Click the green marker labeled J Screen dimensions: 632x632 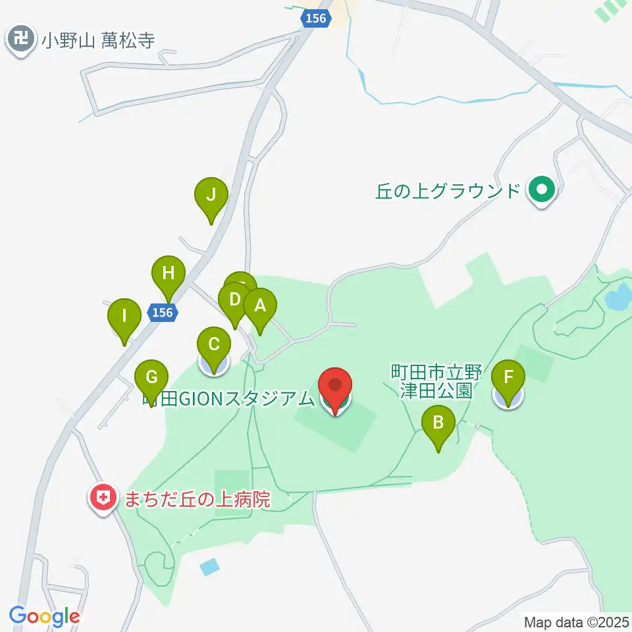click(x=211, y=196)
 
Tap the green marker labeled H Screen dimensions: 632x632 click(x=169, y=273)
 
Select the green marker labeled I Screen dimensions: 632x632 click(x=124, y=316)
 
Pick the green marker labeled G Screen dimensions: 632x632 click(x=151, y=379)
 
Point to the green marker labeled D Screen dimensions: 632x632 click(x=234, y=301)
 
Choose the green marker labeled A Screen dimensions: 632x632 click(x=260, y=306)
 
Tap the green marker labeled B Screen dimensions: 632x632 click(x=439, y=423)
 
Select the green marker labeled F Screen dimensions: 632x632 click(x=508, y=379)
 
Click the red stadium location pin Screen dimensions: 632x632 click(x=336, y=386)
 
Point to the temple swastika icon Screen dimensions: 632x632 click(x=22, y=40)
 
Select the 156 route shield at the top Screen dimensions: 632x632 click(x=317, y=18)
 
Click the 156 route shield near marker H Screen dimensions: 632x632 click(x=162, y=313)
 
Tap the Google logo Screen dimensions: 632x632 click(x=44, y=617)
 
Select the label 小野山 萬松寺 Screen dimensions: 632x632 click(x=98, y=41)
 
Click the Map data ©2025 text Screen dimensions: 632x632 click(x=575, y=621)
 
